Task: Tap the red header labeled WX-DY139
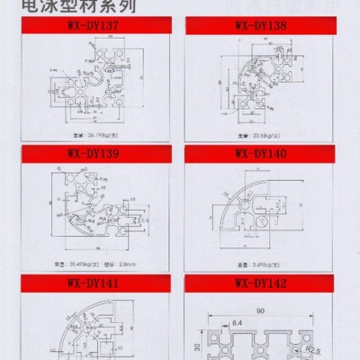[x=94, y=153]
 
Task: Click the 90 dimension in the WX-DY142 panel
[x=258, y=310]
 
